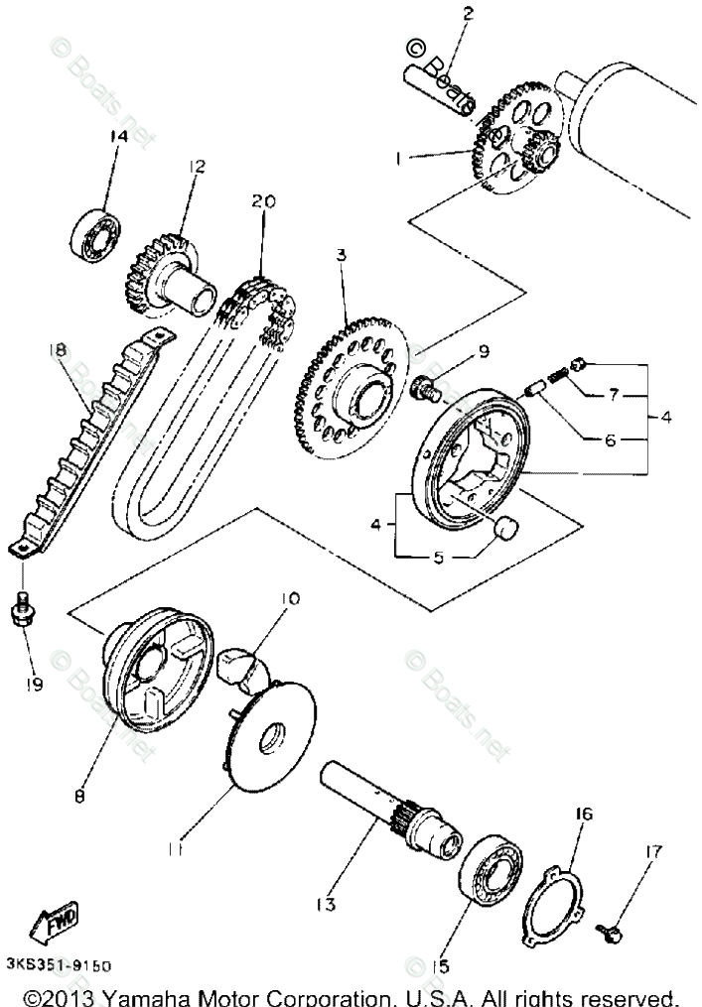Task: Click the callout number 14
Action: (118, 136)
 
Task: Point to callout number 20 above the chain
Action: (262, 200)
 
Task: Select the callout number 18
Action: (57, 349)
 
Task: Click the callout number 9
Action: (483, 350)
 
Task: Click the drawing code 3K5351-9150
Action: (58, 965)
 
